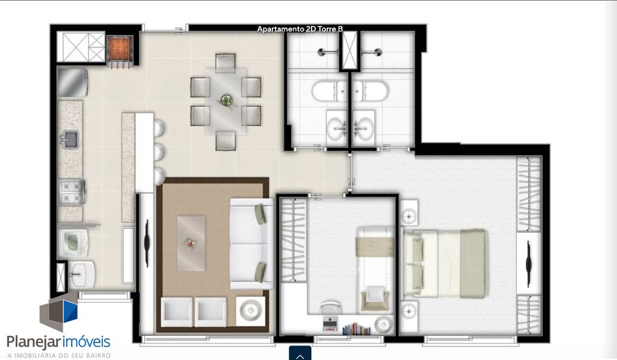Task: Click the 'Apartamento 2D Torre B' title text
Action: [x=300, y=29]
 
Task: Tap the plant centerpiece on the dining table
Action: [x=227, y=101]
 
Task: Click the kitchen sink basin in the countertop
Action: [x=71, y=139]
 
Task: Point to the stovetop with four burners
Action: [x=71, y=192]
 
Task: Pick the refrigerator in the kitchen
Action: [x=72, y=83]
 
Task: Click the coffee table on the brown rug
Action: [x=191, y=243]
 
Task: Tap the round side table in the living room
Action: [x=250, y=311]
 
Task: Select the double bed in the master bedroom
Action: [x=444, y=264]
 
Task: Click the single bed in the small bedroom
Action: [x=375, y=270]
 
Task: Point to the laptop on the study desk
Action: [x=330, y=323]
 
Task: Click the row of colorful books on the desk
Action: [x=356, y=329]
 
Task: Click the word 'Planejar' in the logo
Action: [x=33, y=341]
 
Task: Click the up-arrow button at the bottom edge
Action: [x=300, y=354]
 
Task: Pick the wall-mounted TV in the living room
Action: [x=148, y=244]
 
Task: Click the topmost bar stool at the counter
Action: [x=159, y=129]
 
